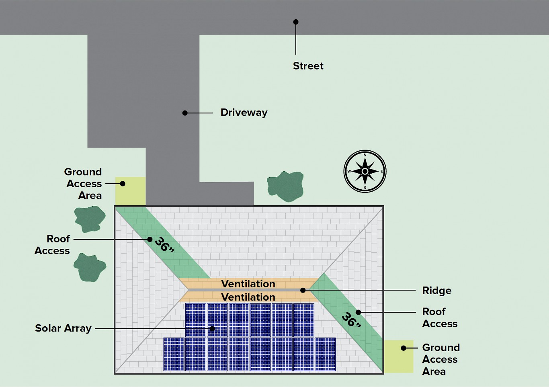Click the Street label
(x=308, y=66)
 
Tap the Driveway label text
(x=244, y=113)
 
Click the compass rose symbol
(x=365, y=172)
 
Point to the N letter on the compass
(x=365, y=155)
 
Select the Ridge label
(x=436, y=291)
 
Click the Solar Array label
(x=63, y=328)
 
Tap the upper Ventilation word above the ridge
(x=248, y=284)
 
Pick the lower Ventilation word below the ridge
(x=248, y=297)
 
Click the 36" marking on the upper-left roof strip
(x=164, y=244)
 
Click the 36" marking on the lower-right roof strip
(x=351, y=320)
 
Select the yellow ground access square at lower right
(x=398, y=356)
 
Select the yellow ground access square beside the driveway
(x=130, y=191)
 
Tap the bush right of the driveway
(x=285, y=186)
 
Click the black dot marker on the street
(x=296, y=22)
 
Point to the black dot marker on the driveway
(x=185, y=113)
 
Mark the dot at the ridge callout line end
(x=303, y=290)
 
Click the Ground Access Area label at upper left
(x=83, y=184)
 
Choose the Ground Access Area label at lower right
(x=440, y=359)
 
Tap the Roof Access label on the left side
(x=53, y=245)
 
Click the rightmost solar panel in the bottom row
(x=325, y=354)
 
